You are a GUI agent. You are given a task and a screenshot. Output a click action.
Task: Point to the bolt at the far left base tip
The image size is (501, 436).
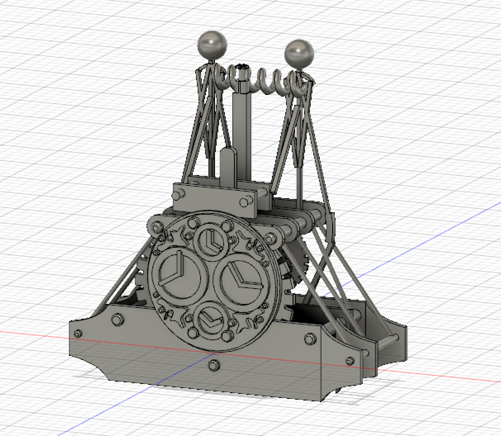pos(78,334)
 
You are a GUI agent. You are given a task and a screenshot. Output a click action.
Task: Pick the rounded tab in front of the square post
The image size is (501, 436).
pos(228,165)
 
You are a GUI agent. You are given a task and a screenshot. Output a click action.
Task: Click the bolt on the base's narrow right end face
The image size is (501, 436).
pos(350,360)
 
